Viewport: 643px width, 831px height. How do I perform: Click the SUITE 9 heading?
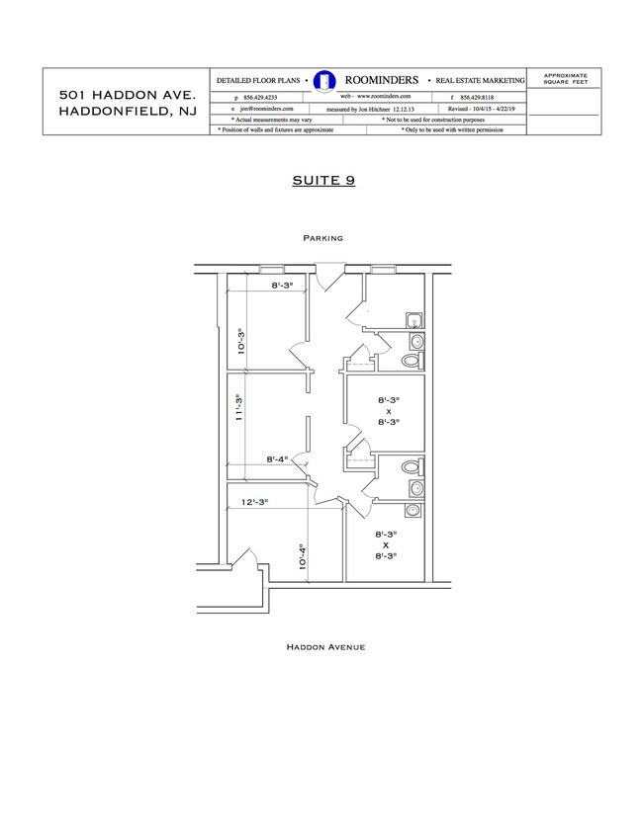coord(323,181)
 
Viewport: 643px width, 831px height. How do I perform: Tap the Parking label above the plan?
coord(323,238)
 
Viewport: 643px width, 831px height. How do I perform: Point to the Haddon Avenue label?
coord(326,647)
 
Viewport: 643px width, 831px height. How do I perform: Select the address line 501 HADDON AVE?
coord(128,94)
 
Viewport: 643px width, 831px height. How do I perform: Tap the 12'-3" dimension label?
coord(257,503)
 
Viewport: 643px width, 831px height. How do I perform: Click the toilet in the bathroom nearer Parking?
coord(410,362)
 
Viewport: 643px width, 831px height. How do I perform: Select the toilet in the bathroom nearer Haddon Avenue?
coord(411,465)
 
